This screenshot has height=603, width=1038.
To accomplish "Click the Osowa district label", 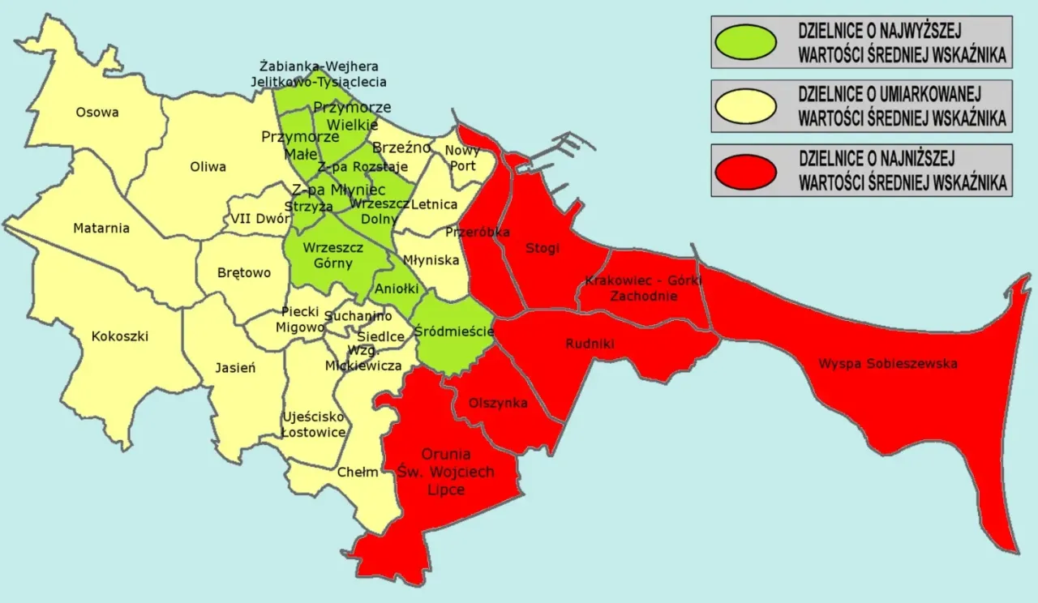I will click(97, 112).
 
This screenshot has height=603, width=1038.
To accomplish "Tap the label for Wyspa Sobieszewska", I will click(887, 364).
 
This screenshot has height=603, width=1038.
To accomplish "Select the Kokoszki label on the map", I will click(120, 336).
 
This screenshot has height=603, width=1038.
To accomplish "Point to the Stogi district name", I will click(543, 248).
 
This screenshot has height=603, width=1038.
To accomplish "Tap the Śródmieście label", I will click(454, 331).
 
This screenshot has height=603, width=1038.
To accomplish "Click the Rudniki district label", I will click(590, 344).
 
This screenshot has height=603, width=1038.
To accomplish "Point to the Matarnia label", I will click(101, 228).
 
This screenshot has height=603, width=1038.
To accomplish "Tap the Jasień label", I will click(236, 367).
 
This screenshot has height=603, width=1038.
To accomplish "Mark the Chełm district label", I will click(358, 472).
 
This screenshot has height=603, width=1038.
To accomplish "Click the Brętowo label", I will click(244, 272).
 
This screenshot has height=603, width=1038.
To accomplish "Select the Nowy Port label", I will click(463, 158).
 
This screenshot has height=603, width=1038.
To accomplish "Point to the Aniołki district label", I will click(397, 288).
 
